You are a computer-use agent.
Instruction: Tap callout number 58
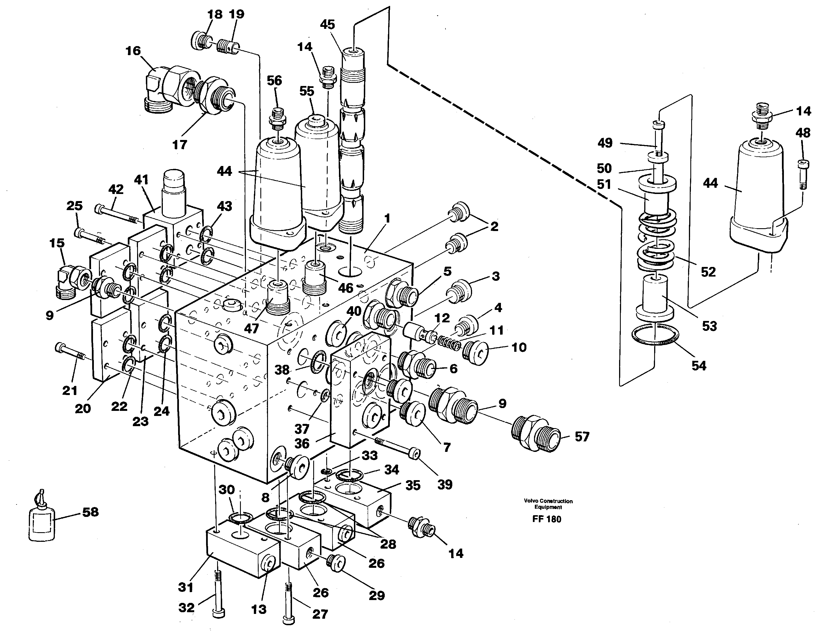pyautogui.click(x=90, y=512)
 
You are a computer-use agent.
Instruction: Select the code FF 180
pyautogui.click(x=547, y=519)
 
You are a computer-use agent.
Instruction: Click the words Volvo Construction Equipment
pyautogui.click(x=548, y=504)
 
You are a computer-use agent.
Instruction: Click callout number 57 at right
pyautogui.click(x=582, y=436)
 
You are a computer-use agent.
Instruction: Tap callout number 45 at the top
pyautogui.click(x=327, y=25)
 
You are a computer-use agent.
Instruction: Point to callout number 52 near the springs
pyautogui.click(x=708, y=272)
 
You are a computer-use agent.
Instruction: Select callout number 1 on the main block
pyautogui.click(x=387, y=218)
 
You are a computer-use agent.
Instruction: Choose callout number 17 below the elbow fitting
pyautogui.click(x=180, y=144)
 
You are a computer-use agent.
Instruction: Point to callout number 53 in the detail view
pyautogui.click(x=709, y=326)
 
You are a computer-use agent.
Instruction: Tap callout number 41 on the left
pyautogui.click(x=141, y=180)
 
